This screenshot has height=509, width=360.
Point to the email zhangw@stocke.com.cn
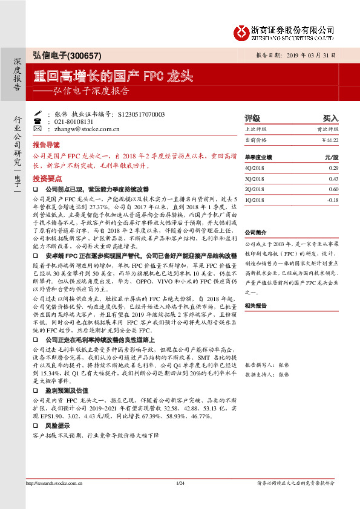(x=83, y=129)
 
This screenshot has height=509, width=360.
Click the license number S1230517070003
(x=141, y=114)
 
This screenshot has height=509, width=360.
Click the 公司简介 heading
(x=255, y=233)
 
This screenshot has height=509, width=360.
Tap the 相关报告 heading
(x=255, y=306)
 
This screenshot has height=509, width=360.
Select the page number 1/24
(x=180, y=499)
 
